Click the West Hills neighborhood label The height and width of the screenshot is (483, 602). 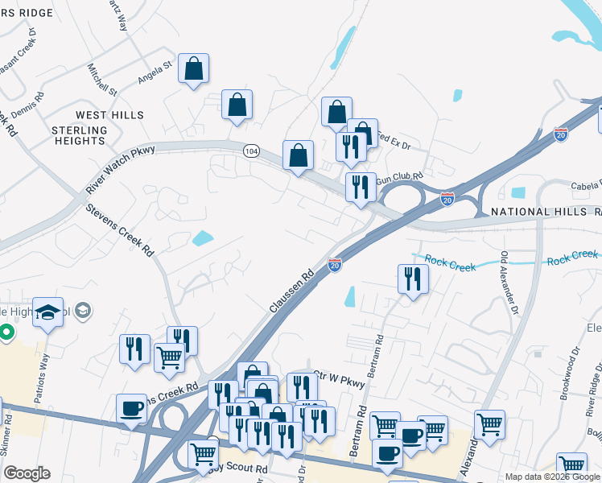tap(109, 115)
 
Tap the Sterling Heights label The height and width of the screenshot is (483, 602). tap(79, 135)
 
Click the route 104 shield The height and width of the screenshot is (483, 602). tap(251, 151)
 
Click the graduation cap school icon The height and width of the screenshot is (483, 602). tap(47, 312)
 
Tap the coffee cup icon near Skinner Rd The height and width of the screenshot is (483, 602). tap(131, 408)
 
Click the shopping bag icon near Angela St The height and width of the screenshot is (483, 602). tap(194, 68)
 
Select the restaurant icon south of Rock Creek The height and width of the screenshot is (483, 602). tap(413, 279)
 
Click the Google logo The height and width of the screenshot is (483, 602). tap(27, 473)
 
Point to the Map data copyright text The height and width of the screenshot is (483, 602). tap(552, 477)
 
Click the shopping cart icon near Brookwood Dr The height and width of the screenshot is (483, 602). tap(489, 424)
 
